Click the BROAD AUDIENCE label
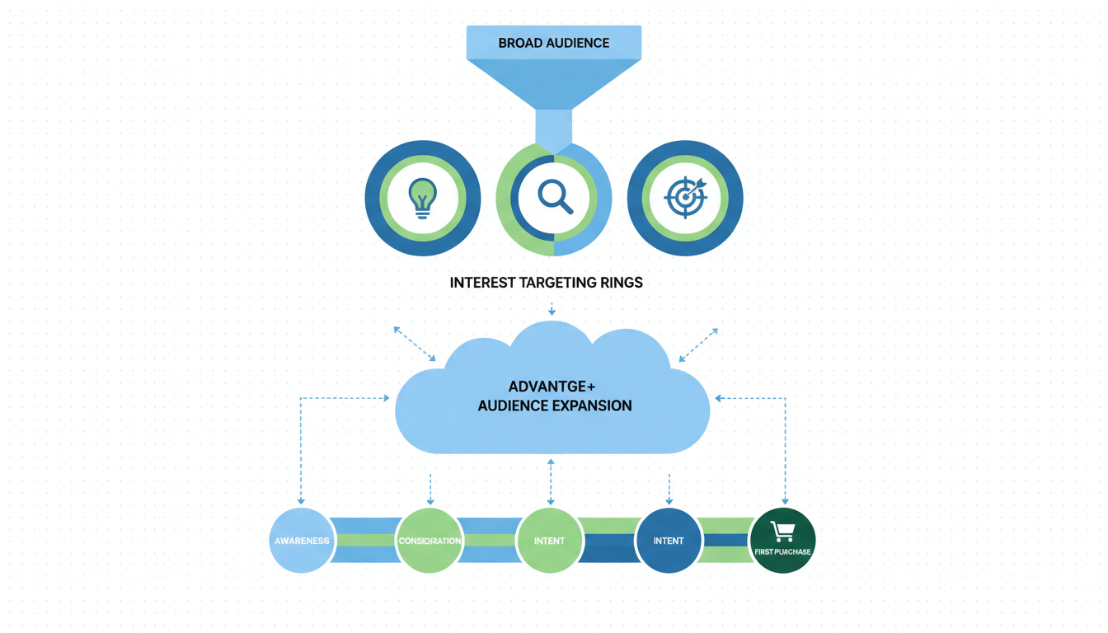point(553,43)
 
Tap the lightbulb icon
point(422,198)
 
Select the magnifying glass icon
point(555,198)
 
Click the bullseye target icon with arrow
point(685,198)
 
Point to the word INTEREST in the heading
point(482,283)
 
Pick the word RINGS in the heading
point(622,283)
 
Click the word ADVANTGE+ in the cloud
point(552,387)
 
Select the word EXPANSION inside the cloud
point(591,406)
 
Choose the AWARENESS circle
point(302,541)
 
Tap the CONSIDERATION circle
point(430,541)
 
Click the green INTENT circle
point(549,541)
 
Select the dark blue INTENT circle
point(668,541)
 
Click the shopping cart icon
point(782,532)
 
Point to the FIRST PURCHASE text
point(782,551)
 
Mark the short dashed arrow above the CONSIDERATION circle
point(430,490)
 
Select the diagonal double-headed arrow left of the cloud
point(415,344)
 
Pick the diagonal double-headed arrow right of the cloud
point(697,345)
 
